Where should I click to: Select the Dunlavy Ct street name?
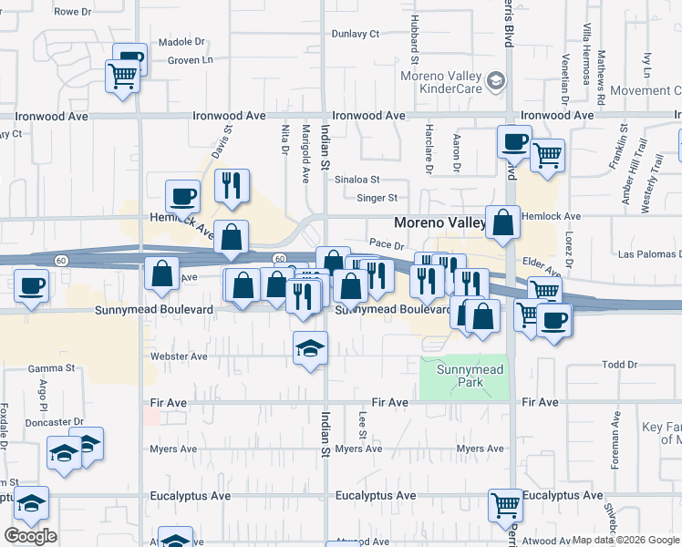pyautogui.click(x=355, y=34)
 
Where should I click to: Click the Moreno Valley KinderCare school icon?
pyautogui.click(x=495, y=82)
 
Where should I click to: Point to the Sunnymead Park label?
pyautogui.click(x=470, y=376)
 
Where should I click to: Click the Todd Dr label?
pyautogui.click(x=620, y=365)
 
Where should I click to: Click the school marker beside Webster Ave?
pyautogui.click(x=310, y=347)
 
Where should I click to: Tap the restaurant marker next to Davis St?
pyautogui.click(x=232, y=185)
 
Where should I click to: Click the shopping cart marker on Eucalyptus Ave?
pyautogui.click(x=505, y=504)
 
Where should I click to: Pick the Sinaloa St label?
pyautogui.click(x=356, y=181)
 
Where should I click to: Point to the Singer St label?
pyautogui.click(x=377, y=198)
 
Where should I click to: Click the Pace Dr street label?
pyautogui.click(x=387, y=244)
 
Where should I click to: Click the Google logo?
pyautogui.click(x=30, y=536)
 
